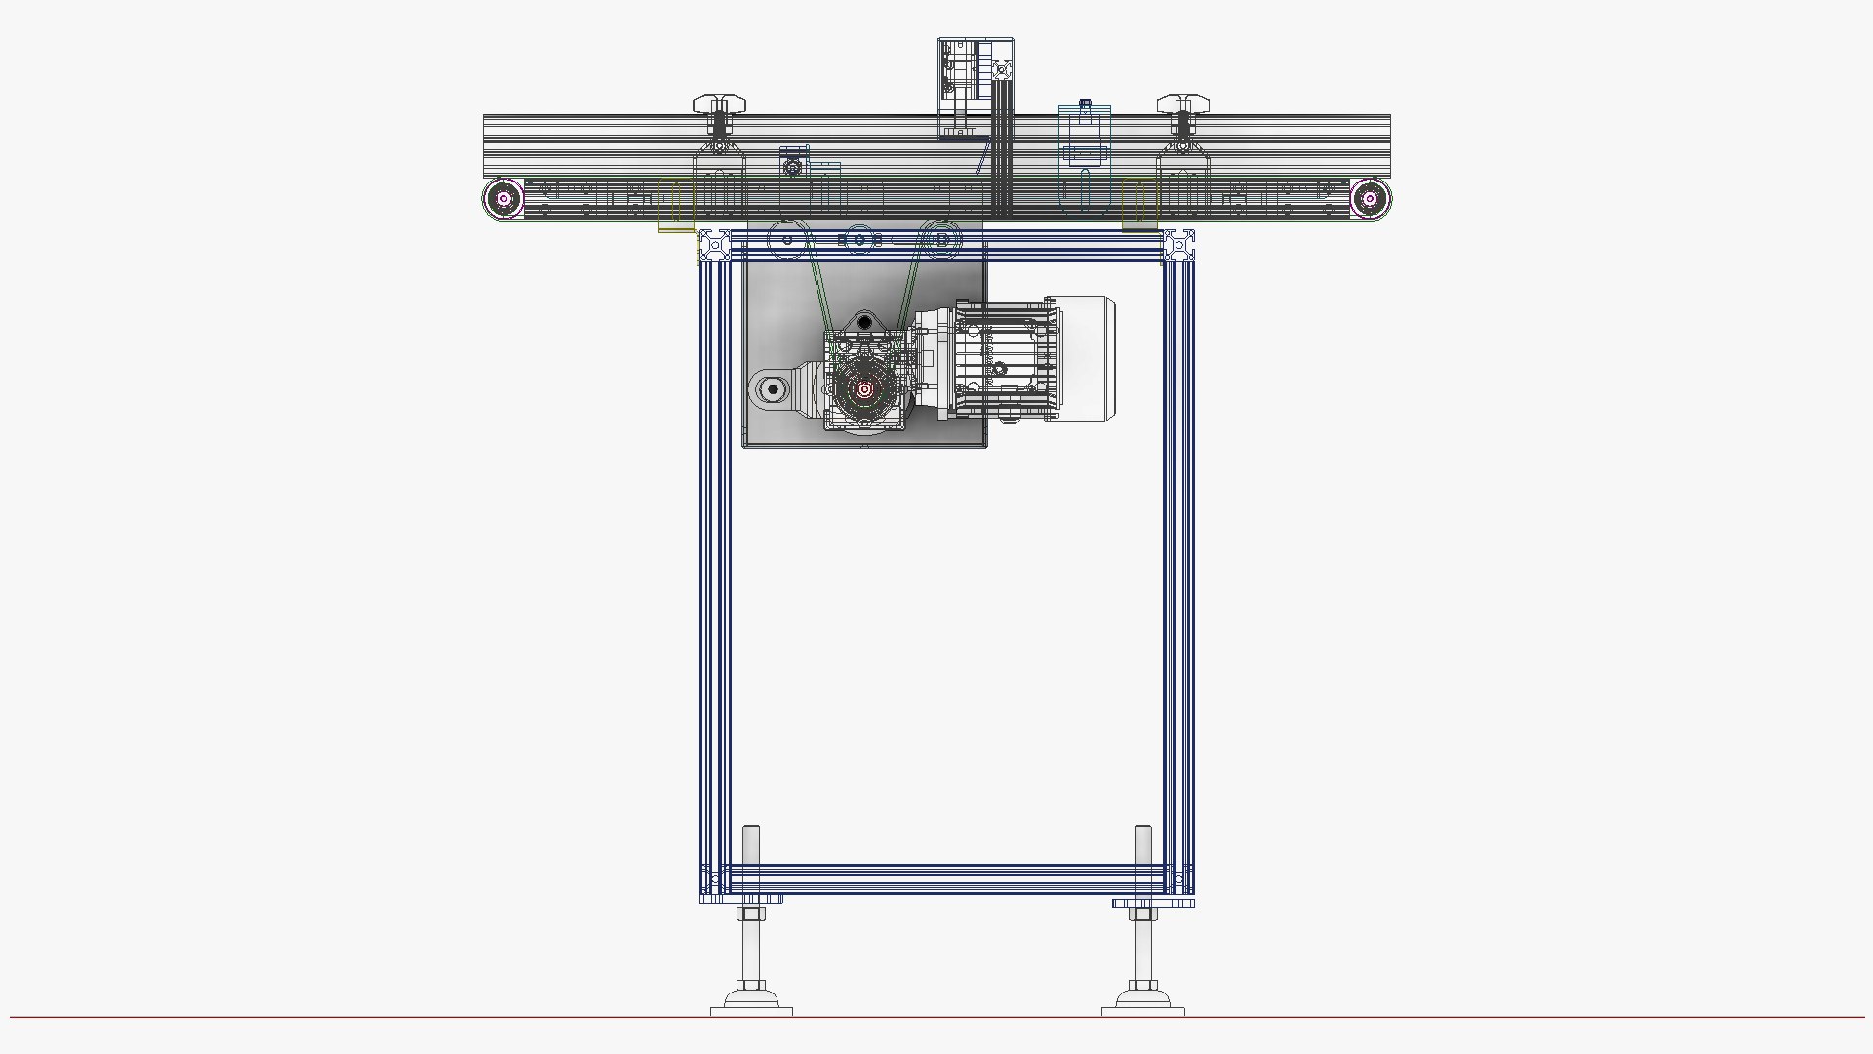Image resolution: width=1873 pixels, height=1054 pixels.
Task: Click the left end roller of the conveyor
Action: point(504,200)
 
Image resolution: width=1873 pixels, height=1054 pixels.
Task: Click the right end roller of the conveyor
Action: point(1370,200)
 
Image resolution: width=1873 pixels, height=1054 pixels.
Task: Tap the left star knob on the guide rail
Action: point(719,102)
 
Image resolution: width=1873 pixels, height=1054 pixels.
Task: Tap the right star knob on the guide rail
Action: point(1182,102)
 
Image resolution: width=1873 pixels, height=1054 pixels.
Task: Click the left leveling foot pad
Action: point(751,1005)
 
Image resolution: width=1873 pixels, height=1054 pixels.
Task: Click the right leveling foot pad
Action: point(1143,1005)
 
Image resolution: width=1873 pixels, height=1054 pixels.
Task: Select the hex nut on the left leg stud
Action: point(750,914)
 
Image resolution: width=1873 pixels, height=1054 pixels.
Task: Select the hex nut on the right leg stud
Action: point(1142,914)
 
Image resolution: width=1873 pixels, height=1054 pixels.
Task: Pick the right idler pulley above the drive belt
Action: point(940,239)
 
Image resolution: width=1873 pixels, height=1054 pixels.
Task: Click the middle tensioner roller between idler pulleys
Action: point(858,240)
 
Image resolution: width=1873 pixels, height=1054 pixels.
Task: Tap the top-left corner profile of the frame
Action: point(714,245)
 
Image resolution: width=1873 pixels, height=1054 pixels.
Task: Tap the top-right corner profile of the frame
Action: point(1179,245)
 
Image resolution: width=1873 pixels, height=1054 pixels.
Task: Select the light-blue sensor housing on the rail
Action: point(1085,137)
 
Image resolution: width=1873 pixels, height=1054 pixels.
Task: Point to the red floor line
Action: point(390,1017)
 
